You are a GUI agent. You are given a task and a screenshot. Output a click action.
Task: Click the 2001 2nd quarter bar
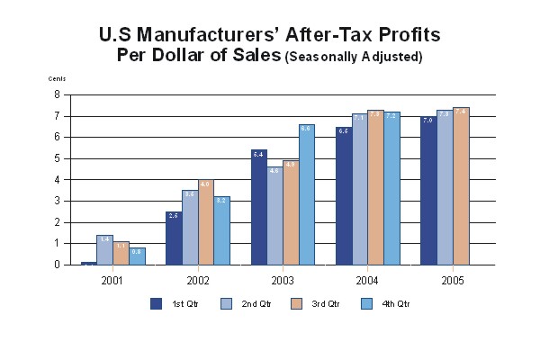(x=104, y=249)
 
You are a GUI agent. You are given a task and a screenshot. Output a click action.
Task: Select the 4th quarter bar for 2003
(x=307, y=194)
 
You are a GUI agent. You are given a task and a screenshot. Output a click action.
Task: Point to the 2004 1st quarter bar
(x=341, y=195)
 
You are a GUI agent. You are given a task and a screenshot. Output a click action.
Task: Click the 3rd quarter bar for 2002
(x=204, y=222)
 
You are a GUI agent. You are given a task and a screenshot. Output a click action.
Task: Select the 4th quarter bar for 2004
(x=392, y=188)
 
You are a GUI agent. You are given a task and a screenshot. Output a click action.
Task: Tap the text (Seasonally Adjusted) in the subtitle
(x=354, y=57)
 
